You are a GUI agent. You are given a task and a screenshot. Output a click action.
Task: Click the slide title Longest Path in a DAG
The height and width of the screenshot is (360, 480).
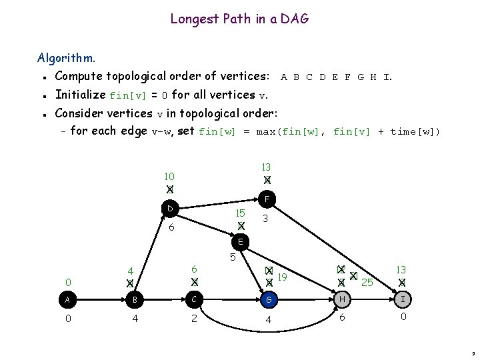pyautogui.click(x=239, y=19)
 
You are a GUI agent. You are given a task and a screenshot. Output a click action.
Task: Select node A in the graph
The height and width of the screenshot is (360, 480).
pyautogui.click(x=68, y=300)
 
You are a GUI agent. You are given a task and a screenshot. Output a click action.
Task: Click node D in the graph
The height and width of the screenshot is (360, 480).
pyautogui.click(x=171, y=209)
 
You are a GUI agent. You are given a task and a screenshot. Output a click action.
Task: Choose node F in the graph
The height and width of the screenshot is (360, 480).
pyautogui.click(x=266, y=198)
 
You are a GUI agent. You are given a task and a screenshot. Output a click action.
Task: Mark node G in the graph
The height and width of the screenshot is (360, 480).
pyautogui.click(x=269, y=300)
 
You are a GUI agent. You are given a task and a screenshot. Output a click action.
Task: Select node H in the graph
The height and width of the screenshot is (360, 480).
pyautogui.click(x=342, y=300)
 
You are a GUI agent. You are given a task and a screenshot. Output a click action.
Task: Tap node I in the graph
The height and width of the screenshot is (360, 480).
pyautogui.click(x=402, y=300)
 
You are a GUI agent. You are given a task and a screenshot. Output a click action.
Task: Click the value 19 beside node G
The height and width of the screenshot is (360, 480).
pyautogui.click(x=282, y=276)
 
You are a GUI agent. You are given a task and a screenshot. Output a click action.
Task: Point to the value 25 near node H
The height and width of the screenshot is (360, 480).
pyautogui.click(x=367, y=283)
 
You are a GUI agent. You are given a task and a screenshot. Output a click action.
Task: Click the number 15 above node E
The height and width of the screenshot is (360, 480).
pyautogui.click(x=241, y=213)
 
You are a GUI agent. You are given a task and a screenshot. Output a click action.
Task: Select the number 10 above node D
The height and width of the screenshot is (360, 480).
pyautogui.click(x=169, y=177)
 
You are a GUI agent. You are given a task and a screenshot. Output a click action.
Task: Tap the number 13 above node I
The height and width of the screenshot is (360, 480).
pyautogui.click(x=401, y=269)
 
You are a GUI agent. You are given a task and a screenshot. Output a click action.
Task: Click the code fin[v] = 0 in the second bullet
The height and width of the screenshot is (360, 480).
pyautogui.click(x=138, y=95)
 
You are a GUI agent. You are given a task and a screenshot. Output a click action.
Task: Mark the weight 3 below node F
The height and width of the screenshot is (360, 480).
pyautogui.click(x=265, y=219)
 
